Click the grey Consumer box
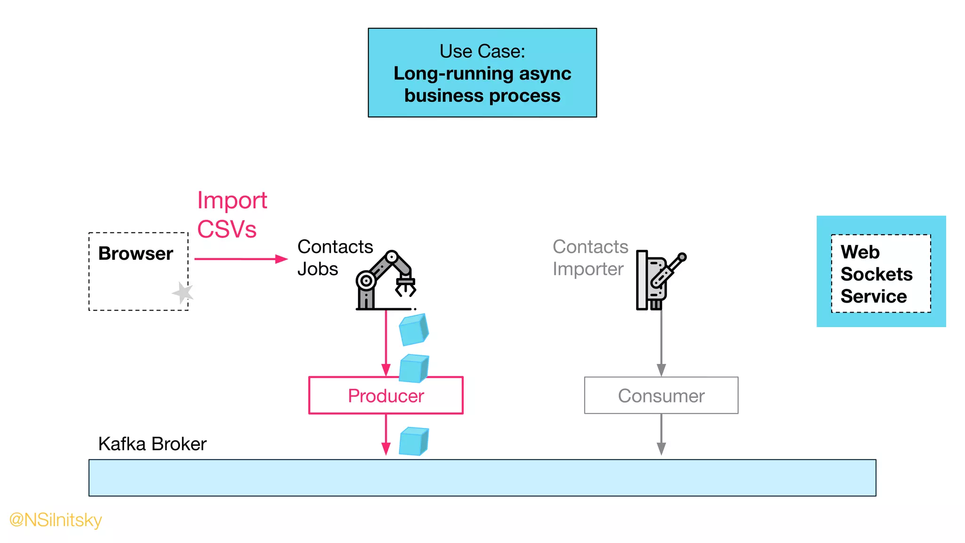(x=661, y=395)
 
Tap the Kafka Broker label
(x=152, y=444)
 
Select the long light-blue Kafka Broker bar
(x=482, y=477)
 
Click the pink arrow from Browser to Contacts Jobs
(x=240, y=259)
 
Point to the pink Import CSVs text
(x=231, y=215)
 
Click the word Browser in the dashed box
(x=136, y=254)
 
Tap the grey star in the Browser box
(x=183, y=293)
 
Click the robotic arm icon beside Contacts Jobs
(x=385, y=281)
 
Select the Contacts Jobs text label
(x=335, y=257)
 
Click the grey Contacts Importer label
(x=589, y=257)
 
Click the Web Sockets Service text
(x=876, y=274)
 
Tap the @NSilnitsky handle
(x=56, y=520)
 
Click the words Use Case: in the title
(x=482, y=51)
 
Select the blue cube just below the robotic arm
(x=413, y=329)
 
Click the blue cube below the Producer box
(x=413, y=441)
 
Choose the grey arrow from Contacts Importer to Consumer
(x=661, y=342)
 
